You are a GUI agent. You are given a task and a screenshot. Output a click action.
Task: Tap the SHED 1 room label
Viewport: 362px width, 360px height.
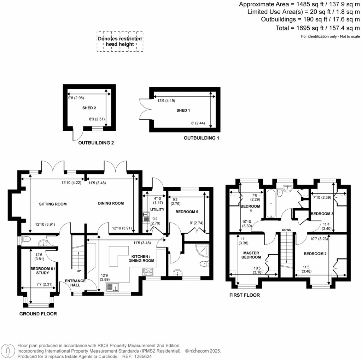pyautogui.click(x=183, y=110)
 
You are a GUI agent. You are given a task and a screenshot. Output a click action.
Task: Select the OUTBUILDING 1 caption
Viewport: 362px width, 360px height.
pyautogui.click(x=201, y=138)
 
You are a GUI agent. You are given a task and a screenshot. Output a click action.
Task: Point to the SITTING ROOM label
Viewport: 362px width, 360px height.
pyautogui.click(x=53, y=204)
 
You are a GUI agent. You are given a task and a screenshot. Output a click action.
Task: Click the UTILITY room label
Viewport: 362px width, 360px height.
pyautogui.click(x=157, y=210)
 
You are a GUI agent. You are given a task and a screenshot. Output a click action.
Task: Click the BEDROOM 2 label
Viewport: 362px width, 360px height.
pyautogui.click(x=314, y=254)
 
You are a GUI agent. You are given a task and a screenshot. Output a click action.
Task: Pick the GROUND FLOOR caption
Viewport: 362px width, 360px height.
pyautogui.click(x=38, y=314)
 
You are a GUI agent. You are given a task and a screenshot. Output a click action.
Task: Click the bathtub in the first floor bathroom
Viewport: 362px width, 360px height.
pyautogui.click(x=271, y=204)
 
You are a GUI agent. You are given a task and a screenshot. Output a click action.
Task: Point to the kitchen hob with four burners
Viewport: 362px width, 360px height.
pyautogui.click(x=148, y=272)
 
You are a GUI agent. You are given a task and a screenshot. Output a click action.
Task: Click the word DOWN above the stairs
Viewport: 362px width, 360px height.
pyautogui.click(x=287, y=230)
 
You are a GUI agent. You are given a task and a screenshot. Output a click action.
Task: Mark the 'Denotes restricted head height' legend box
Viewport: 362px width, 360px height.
pyautogui.click(x=120, y=42)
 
